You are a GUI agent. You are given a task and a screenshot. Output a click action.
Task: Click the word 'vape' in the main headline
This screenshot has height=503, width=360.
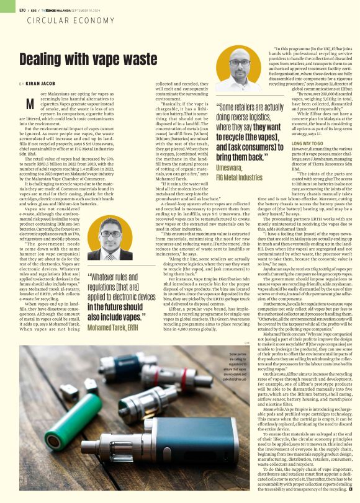pyautogui.click(x=106, y=60)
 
